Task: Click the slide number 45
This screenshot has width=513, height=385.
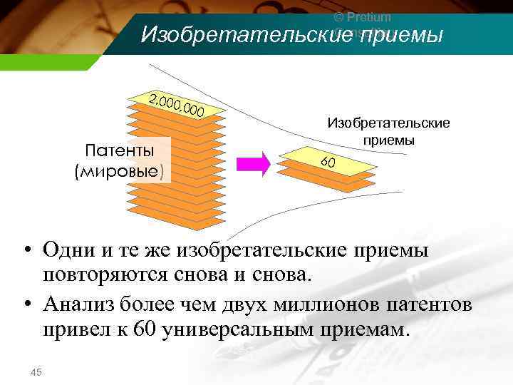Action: coord(36,371)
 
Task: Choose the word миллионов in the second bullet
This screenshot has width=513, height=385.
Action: coord(333,305)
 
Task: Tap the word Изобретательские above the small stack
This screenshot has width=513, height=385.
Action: coord(388,123)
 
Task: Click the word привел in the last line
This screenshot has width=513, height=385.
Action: coord(72,330)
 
